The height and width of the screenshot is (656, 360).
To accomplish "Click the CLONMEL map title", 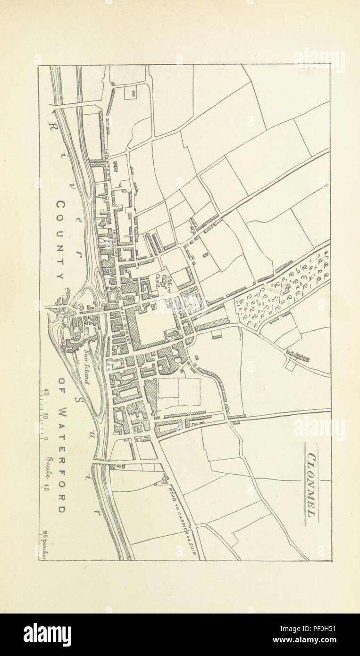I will point(311,484).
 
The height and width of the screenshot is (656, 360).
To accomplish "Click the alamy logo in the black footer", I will point(47,634).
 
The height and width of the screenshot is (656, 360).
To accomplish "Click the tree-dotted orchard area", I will point(278,288).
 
